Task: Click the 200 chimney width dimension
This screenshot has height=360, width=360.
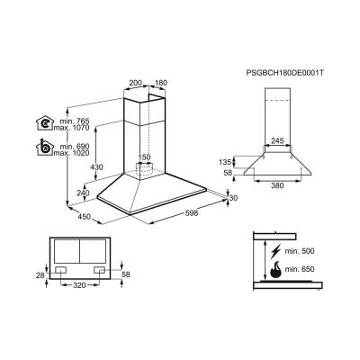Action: click(x=135, y=83)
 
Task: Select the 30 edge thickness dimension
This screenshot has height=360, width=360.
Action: click(x=232, y=199)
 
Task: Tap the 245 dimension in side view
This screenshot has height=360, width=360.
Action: click(x=278, y=140)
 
